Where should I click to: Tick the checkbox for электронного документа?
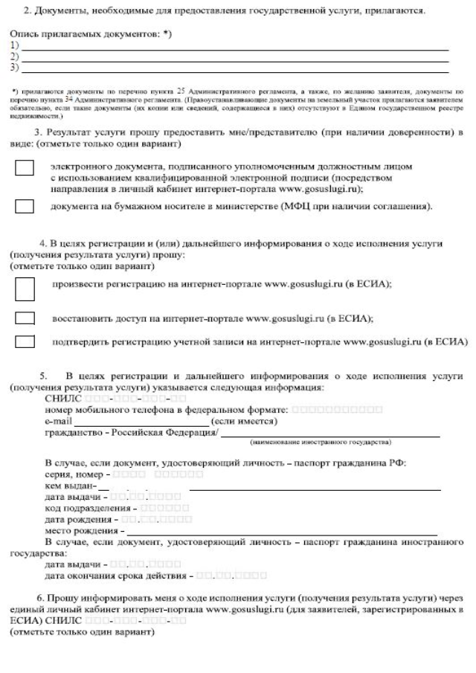tap(25, 169)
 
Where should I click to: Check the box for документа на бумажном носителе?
tap(25, 205)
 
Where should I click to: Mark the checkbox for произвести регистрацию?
tap(25, 289)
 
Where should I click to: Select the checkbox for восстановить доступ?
tap(25, 318)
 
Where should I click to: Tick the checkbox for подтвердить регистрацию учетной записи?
tap(25, 342)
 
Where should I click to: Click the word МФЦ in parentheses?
tap(295, 205)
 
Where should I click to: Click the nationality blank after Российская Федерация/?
tap(320, 434)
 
